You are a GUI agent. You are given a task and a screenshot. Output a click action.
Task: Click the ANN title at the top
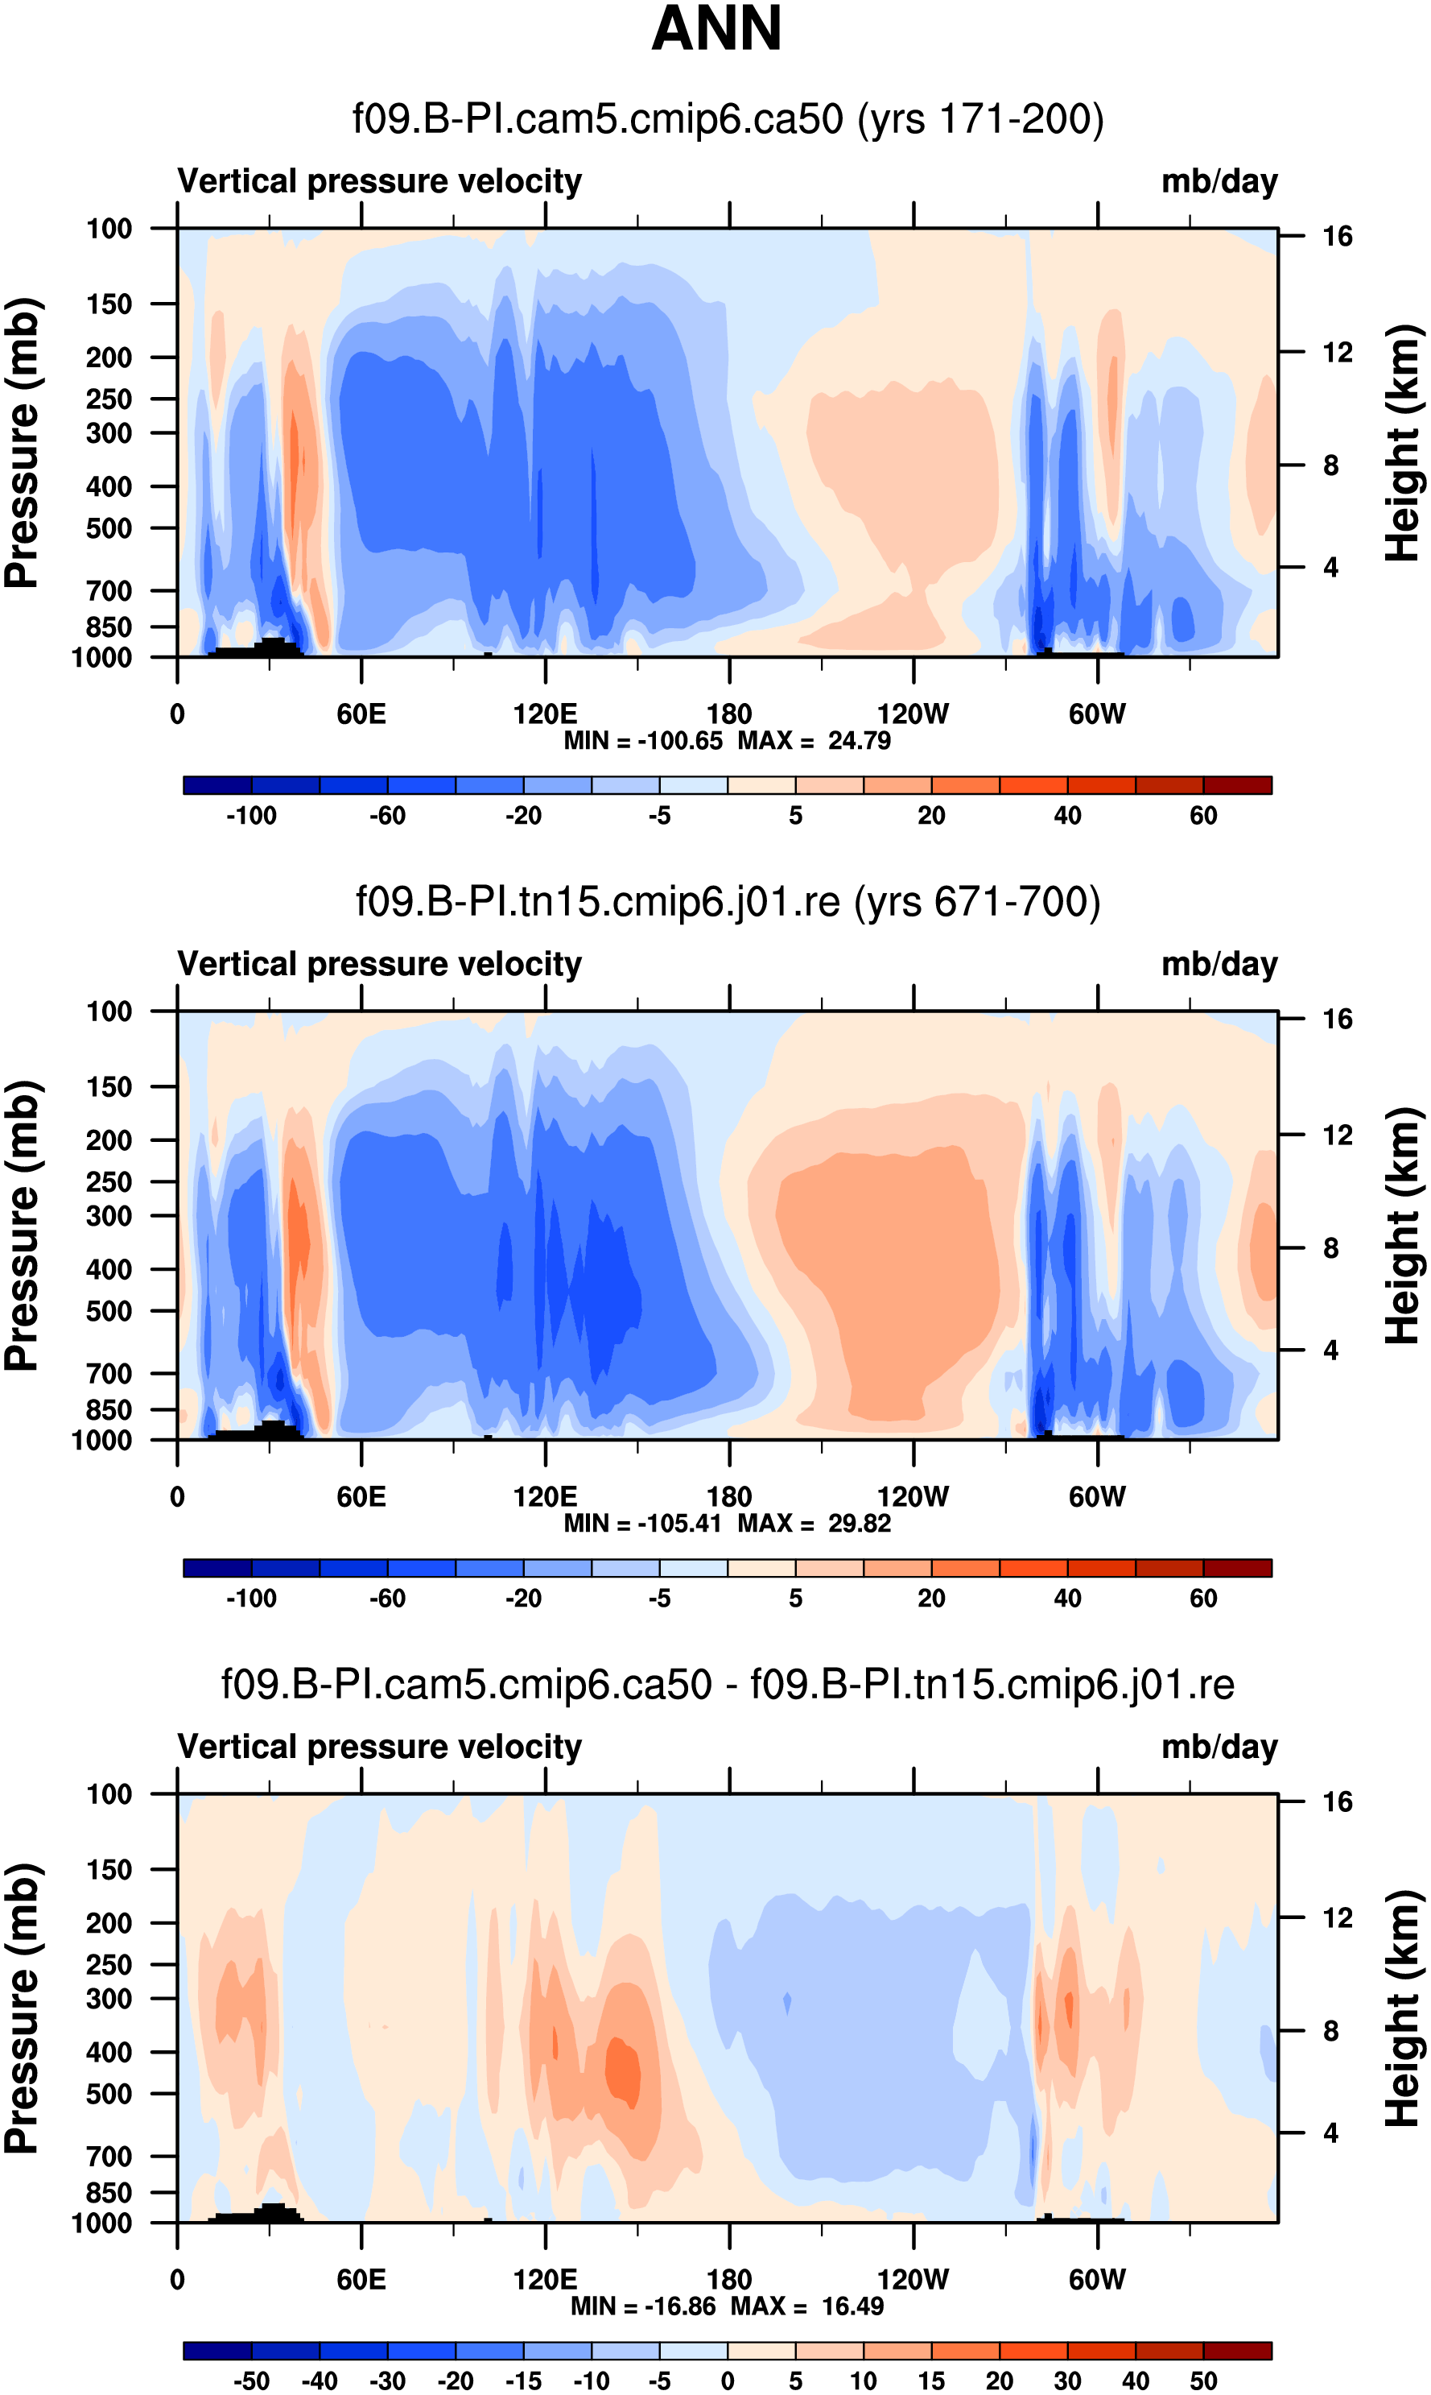click(x=715, y=29)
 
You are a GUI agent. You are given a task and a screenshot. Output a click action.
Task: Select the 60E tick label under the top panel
click(x=361, y=715)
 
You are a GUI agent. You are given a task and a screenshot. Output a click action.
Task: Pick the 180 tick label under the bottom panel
click(x=729, y=2279)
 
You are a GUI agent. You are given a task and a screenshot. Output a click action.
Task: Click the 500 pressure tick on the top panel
click(x=109, y=528)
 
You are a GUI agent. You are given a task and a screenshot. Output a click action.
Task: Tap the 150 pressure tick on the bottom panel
click(x=109, y=1869)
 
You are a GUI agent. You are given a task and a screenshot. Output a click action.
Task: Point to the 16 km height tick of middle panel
click(x=1337, y=1019)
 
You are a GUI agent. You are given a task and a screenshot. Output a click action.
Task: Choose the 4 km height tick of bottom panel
click(x=1330, y=2132)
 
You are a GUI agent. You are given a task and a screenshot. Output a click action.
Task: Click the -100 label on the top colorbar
click(x=251, y=816)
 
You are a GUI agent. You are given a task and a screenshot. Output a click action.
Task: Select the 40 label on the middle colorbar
click(x=1067, y=1599)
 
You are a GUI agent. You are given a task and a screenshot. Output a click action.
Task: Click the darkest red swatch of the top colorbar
click(x=1237, y=785)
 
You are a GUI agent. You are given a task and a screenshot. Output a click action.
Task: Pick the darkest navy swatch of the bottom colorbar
click(x=217, y=2350)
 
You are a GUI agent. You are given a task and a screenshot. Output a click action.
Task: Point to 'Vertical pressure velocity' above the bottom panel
click(x=379, y=1747)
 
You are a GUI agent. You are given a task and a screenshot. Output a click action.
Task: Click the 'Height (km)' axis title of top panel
click(x=1403, y=443)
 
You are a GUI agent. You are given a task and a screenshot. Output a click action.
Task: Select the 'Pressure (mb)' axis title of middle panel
click(x=21, y=1225)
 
